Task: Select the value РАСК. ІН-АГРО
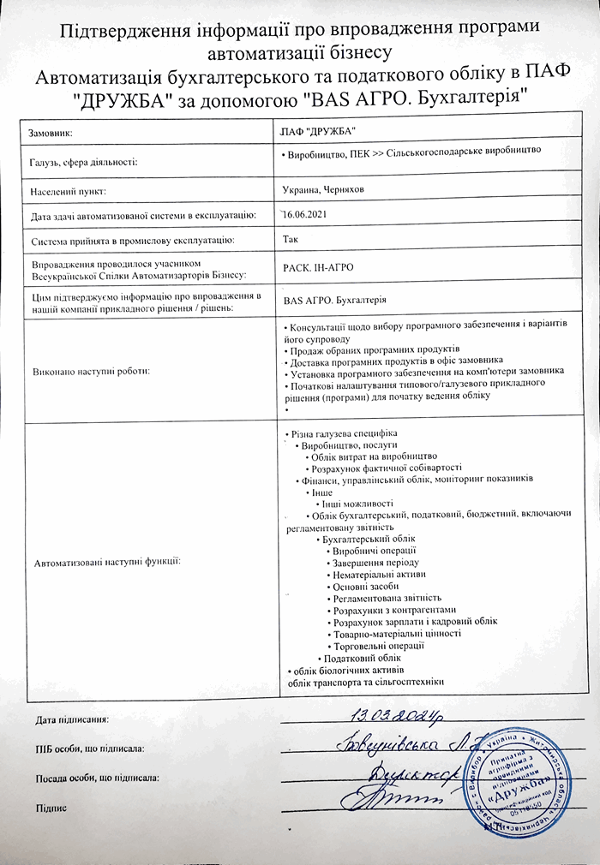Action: (x=319, y=268)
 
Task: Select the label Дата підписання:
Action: (x=72, y=719)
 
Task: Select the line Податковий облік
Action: (x=365, y=657)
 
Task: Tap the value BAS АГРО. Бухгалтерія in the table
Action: (x=334, y=300)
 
